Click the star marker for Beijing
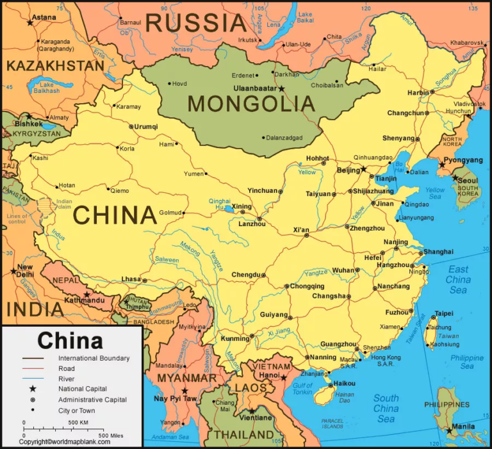tap(364, 170)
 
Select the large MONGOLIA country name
tap(251, 104)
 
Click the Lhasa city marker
tap(145, 281)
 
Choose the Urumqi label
tap(146, 127)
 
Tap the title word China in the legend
tap(70, 340)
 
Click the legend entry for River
tap(66, 379)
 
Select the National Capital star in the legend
tap(33, 389)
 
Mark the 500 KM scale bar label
tap(78, 423)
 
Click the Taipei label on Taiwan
tap(443, 314)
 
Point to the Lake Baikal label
tap(305, 18)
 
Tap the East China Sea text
tap(458, 279)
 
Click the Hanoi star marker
tap(284, 378)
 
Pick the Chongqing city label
tap(307, 286)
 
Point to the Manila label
tap(463, 427)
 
